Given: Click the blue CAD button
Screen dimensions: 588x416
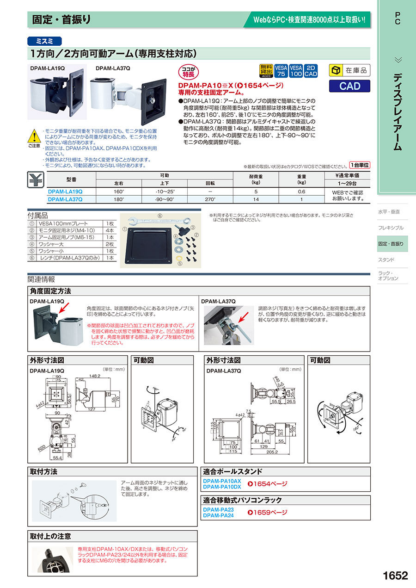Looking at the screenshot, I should point(350,86).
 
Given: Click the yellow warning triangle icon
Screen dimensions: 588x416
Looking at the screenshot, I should point(34,136).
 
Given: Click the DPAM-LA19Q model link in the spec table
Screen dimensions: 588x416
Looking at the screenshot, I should point(65,191).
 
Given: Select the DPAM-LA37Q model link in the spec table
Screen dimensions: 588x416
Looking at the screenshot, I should point(65,199).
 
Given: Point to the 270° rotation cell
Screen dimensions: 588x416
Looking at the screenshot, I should point(210,199).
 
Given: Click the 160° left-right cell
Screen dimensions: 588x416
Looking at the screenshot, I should point(119,191).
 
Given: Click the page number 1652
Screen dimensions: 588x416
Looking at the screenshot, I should point(395,576).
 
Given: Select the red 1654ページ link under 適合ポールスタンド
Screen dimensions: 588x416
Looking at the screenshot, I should point(268,484).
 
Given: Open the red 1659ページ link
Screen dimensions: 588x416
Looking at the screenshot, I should point(268,512).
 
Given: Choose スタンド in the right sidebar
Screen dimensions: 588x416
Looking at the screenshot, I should point(386,260).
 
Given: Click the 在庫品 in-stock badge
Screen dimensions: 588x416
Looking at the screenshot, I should point(350,70).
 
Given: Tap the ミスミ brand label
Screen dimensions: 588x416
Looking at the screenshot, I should point(44,40).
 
